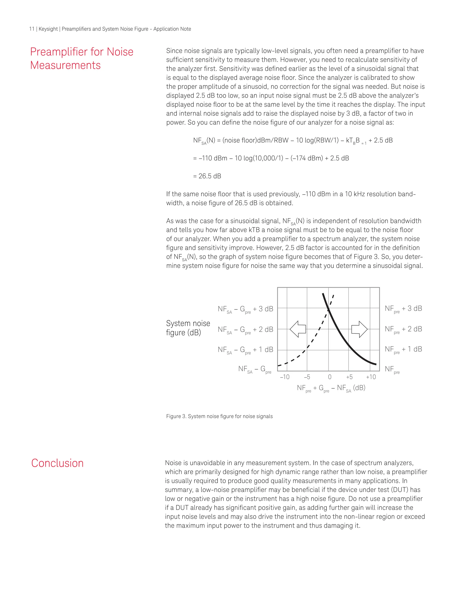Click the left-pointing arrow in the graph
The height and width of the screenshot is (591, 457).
pyautogui.click(x=298, y=329)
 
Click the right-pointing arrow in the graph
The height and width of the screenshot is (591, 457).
pyautogui.click(x=359, y=329)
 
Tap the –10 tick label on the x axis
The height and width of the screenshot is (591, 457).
pyautogui.click(x=285, y=377)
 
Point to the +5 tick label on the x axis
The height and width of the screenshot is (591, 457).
pyautogui.click(x=349, y=377)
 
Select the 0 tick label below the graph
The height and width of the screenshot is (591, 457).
pyautogui.click(x=330, y=377)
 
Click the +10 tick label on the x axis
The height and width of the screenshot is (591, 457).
pyautogui.click(x=371, y=377)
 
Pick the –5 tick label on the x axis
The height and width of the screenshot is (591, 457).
pyautogui.click(x=307, y=377)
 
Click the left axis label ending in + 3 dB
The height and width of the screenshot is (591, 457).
pyautogui.click(x=245, y=309)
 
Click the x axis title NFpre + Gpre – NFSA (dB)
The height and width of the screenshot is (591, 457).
pyautogui.click(x=331, y=388)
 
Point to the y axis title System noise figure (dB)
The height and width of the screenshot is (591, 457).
pyautogui.click(x=188, y=328)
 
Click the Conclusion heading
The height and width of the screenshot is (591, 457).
pyautogui.click(x=57, y=463)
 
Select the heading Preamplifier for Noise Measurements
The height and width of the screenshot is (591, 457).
pyautogui.click(x=81, y=58)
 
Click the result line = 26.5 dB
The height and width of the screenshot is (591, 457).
pyautogui.click(x=207, y=176)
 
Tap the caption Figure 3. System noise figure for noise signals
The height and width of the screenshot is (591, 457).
pyautogui.click(x=219, y=416)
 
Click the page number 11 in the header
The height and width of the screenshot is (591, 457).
pyautogui.click(x=32, y=29)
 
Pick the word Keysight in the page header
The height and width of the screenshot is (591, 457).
pyautogui.click(x=48, y=29)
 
